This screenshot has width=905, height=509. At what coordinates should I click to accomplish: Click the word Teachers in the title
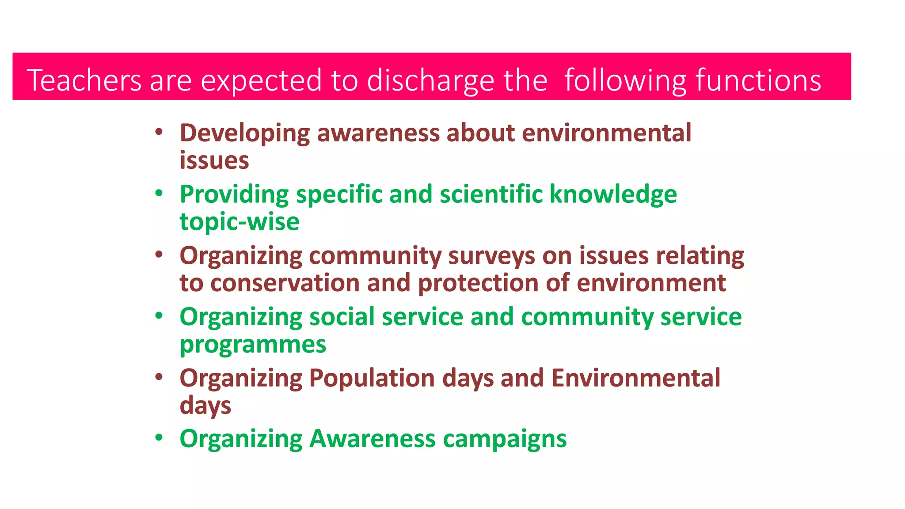[84, 80]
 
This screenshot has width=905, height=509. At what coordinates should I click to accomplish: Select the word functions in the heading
[758, 80]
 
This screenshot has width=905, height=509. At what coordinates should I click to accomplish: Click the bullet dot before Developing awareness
[159, 131]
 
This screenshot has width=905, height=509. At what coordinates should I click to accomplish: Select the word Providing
[234, 194]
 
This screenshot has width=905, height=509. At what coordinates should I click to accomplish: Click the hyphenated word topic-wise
[239, 221]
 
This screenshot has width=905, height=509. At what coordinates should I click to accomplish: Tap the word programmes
[253, 345]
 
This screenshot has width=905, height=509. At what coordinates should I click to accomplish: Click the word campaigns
[504, 439]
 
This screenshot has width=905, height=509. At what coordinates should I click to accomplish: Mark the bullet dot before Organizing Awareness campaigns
[159, 437]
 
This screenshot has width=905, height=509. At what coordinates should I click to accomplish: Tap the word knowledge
[613, 194]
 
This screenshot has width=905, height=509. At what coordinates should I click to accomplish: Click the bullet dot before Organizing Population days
[159, 376]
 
